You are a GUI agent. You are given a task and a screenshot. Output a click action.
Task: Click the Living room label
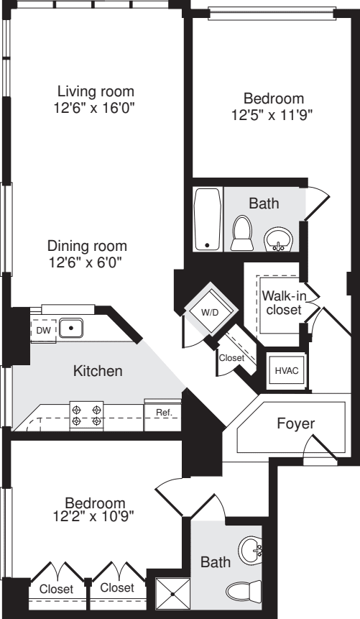pyautogui.click(x=96, y=91)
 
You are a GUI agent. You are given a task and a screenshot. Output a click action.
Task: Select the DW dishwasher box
pyautogui.click(x=43, y=329)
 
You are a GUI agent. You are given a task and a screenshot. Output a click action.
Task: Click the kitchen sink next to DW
pyautogui.click(x=71, y=329)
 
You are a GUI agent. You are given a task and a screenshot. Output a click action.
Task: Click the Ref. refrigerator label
pyautogui.click(x=162, y=413)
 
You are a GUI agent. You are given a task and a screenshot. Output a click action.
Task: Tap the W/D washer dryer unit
pyautogui.click(x=209, y=312)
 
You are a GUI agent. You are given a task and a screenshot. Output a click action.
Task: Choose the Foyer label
pyautogui.click(x=295, y=423)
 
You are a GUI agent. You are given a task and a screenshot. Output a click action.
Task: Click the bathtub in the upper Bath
pyautogui.click(x=208, y=219)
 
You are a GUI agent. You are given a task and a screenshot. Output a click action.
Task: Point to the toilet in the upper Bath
pyautogui.click(x=241, y=234)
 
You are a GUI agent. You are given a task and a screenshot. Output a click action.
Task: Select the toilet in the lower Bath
pyautogui.click(x=243, y=592)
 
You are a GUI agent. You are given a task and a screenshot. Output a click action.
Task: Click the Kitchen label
pyautogui.click(x=98, y=372)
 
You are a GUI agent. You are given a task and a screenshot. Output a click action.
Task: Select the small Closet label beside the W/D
pyautogui.click(x=231, y=357)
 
